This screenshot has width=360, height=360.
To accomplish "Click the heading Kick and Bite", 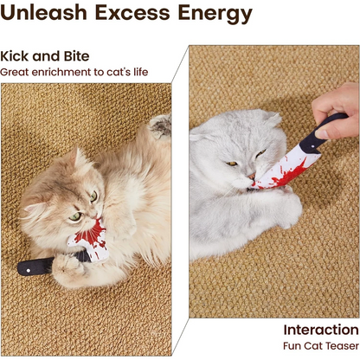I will point(44,56).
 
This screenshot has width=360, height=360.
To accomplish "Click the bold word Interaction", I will point(320,329).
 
